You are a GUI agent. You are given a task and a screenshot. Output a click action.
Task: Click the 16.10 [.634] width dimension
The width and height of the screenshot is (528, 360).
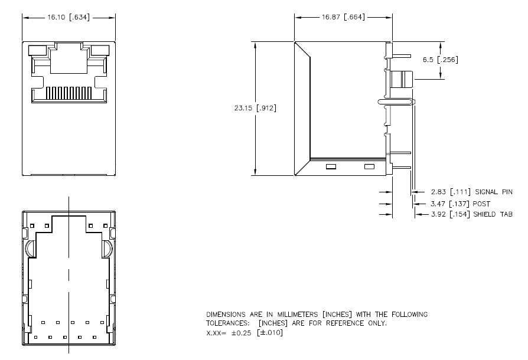(x=69, y=17)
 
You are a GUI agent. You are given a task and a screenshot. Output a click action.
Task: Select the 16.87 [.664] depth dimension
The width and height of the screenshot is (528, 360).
(x=343, y=17)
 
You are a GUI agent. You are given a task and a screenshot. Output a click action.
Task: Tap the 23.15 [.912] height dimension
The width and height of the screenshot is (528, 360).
(x=255, y=108)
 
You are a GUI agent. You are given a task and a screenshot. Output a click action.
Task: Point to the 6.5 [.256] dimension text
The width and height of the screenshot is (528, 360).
(x=441, y=60)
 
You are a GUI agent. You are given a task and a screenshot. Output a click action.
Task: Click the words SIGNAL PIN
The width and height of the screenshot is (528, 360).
(x=494, y=192)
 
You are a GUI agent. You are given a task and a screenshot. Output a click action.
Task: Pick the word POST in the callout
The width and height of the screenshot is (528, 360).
(x=481, y=204)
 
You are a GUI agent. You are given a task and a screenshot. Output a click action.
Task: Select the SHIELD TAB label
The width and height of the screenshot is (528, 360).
(x=493, y=214)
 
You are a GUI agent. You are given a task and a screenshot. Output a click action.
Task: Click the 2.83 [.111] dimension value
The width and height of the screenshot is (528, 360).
(x=451, y=192)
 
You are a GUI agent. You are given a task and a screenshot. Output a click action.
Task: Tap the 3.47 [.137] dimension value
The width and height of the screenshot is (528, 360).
(x=450, y=204)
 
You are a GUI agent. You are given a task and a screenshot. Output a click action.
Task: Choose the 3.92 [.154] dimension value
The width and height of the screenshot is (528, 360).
(x=451, y=214)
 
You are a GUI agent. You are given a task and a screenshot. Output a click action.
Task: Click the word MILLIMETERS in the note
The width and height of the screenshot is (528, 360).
(x=297, y=315)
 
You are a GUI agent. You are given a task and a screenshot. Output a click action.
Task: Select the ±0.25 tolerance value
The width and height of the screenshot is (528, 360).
(x=241, y=333)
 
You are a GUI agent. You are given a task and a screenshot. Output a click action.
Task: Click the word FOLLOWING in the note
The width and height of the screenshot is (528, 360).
(x=409, y=315)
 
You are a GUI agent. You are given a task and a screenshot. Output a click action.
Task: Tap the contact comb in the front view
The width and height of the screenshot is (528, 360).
(x=69, y=93)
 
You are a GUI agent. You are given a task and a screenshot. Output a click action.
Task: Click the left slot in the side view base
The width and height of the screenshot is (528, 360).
(x=331, y=166)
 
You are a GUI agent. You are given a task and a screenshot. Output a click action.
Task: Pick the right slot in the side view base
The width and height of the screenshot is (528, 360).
(x=369, y=166)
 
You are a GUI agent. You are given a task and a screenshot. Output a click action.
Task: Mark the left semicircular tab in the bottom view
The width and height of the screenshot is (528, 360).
(x=30, y=249)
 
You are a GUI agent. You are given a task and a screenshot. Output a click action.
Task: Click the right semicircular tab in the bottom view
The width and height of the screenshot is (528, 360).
(x=107, y=249)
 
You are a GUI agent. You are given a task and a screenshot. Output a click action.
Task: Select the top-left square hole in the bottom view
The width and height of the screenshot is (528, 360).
(x=32, y=226)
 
